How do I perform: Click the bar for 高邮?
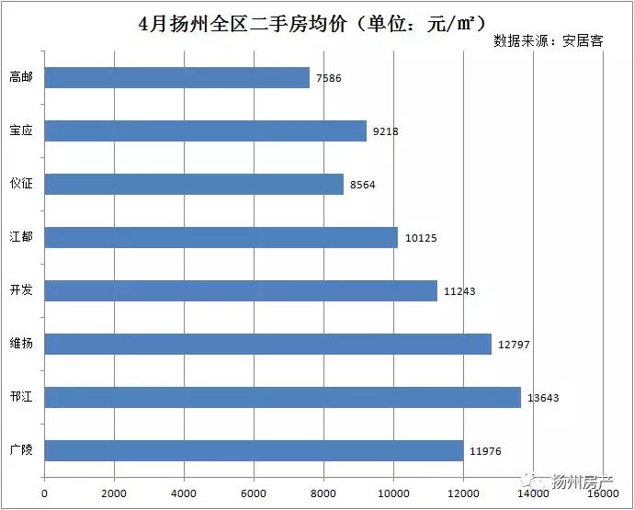[x=177, y=77]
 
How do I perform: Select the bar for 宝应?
[x=206, y=130]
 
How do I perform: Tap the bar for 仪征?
[x=194, y=184]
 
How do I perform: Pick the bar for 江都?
[x=221, y=237]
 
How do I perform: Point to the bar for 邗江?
[x=283, y=397]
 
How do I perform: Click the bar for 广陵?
[x=254, y=450]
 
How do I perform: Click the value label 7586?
[x=328, y=78]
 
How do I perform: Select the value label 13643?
[x=542, y=398]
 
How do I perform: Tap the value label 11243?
[x=459, y=291]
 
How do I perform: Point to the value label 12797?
[x=513, y=345]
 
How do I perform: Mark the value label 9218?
[x=385, y=131]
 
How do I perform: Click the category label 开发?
[x=21, y=290]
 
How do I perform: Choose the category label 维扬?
[x=21, y=344]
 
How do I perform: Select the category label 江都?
[x=21, y=237]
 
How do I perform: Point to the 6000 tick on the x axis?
[x=254, y=493]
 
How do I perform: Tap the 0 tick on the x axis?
[x=45, y=493]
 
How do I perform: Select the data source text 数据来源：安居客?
[x=548, y=41]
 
